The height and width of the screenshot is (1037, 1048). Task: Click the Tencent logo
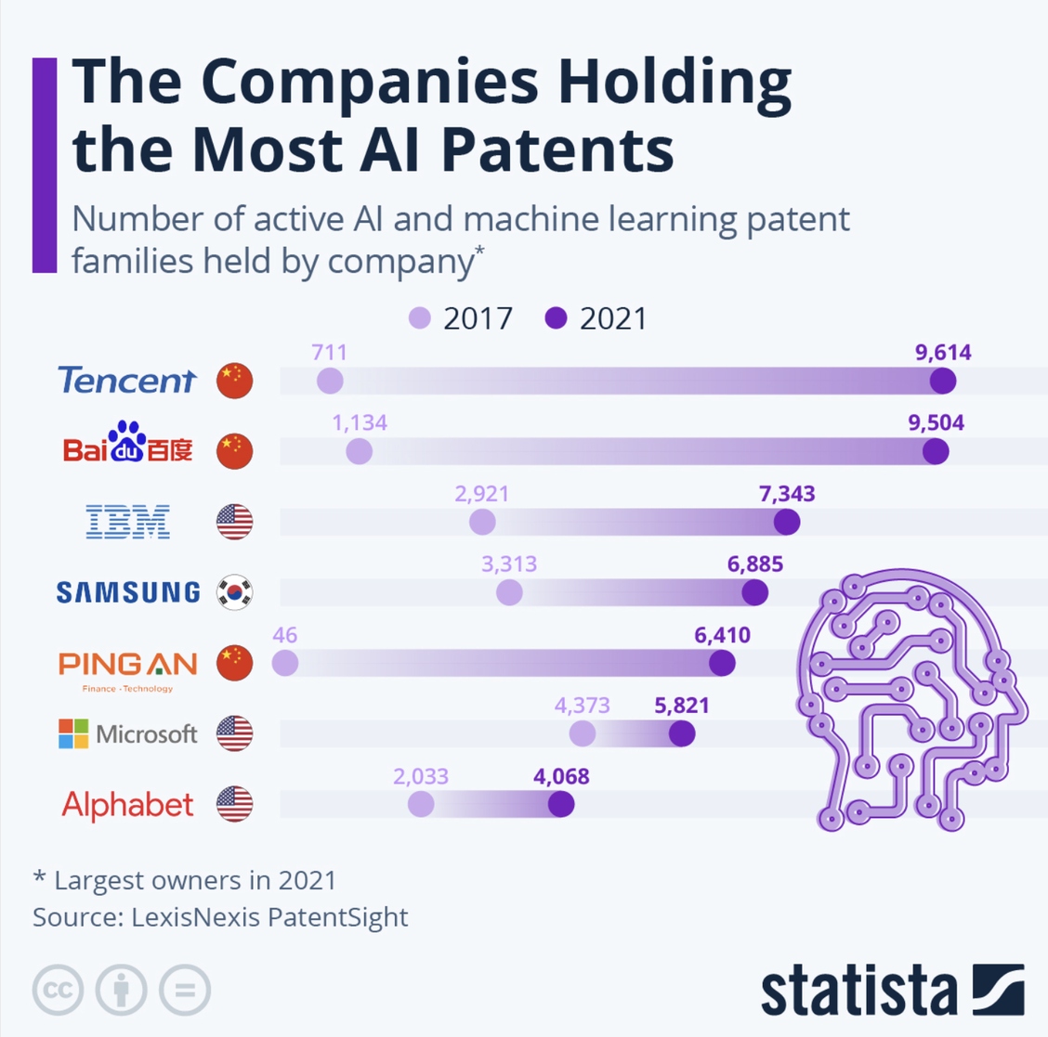[126, 381]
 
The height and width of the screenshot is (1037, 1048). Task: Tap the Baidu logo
[128, 444]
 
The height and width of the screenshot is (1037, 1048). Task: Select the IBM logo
[127, 522]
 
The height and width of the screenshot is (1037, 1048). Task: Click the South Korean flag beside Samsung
[234, 592]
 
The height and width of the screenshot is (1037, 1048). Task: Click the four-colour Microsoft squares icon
[73, 733]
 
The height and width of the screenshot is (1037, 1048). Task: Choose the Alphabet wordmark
[127, 805]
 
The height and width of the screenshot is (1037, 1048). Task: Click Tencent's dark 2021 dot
[943, 381]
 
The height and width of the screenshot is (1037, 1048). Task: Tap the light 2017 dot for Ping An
[285, 663]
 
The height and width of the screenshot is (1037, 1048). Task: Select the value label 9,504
[936, 423]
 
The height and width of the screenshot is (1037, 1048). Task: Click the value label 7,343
[787, 494]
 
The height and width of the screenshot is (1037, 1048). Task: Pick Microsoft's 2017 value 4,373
[582, 706]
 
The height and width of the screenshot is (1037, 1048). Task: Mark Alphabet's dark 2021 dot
[561, 804]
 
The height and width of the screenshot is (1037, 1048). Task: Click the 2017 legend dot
[420, 318]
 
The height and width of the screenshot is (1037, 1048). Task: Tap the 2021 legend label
[613, 318]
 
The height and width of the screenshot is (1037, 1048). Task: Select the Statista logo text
[858, 992]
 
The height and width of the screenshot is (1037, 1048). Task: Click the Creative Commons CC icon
[58, 990]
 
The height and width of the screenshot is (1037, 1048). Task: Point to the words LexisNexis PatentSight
[269, 917]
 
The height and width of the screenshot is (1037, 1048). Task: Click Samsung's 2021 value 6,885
[754, 564]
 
